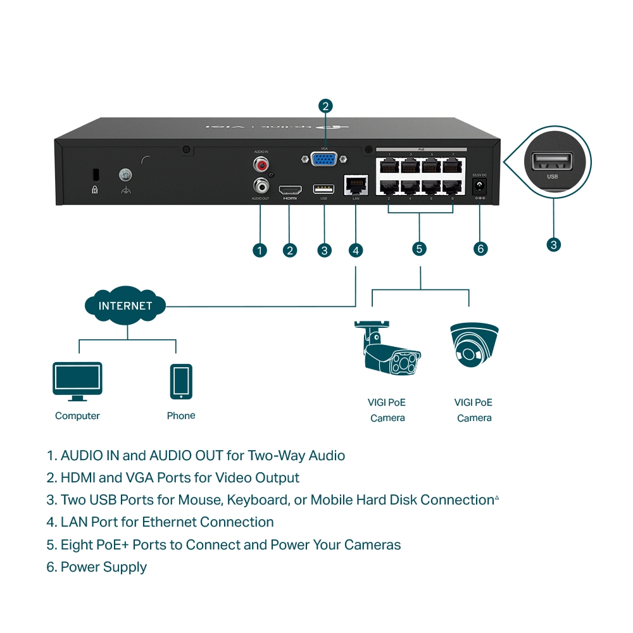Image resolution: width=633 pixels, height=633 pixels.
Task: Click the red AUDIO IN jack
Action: (x=260, y=165)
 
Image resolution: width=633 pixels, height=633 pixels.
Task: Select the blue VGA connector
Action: (x=325, y=159)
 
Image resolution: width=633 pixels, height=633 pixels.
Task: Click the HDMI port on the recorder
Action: (x=290, y=189)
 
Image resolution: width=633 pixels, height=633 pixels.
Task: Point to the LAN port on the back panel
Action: (x=355, y=185)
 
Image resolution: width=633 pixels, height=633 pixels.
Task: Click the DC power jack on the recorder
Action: (x=480, y=186)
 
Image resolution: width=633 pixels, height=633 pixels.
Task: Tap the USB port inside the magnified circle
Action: (x=553, y=162)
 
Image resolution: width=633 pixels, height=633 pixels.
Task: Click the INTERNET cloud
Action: (x=125, y=306)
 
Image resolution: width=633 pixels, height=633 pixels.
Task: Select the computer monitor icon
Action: (x=77, y=381)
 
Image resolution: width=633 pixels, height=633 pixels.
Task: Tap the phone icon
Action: (x=181, y=382)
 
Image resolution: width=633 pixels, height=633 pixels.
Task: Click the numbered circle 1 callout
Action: (x=260, y=250)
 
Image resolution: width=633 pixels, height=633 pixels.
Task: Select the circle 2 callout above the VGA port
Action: (x=325, y=106)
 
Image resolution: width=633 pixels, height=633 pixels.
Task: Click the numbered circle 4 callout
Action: (x=356, y=250)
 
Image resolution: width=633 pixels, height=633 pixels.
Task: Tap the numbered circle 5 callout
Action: (x=419, y=248)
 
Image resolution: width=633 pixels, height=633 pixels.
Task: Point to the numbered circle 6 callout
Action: (x=480, y=249)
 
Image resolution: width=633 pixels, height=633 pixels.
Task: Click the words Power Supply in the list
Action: (x=104, y=567)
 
